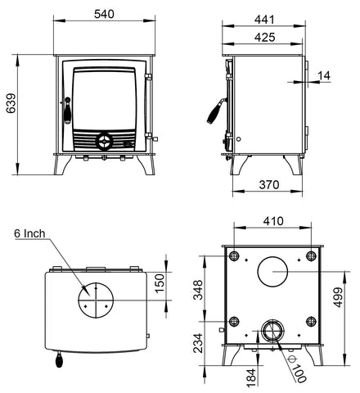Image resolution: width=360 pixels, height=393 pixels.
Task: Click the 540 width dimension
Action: pyautogui.click(x=104, y=14)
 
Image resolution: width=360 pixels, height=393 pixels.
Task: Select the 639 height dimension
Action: pyautogui.click(x=11, y=103)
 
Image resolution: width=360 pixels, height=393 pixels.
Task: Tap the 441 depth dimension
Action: pyautogui.click(x=264, y=20)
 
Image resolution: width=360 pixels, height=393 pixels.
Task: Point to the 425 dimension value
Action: pyautogui.click(x=264, y=37)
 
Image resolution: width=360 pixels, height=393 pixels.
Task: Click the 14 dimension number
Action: pyautogui.click(x=324, y=75)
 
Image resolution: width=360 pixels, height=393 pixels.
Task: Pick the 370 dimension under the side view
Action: pyautogui.click(x=269, y=185)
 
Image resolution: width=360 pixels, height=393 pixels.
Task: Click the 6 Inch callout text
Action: pyautogui.click(x=29, y=233)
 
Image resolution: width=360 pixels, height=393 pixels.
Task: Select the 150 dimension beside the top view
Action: pyautogui.click(x=160, y=283)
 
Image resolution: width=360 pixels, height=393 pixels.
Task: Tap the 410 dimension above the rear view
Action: pyautogui.click(x=273, y=221)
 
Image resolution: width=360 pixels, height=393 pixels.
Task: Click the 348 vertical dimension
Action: pyautogui.click(x=199, y=290)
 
